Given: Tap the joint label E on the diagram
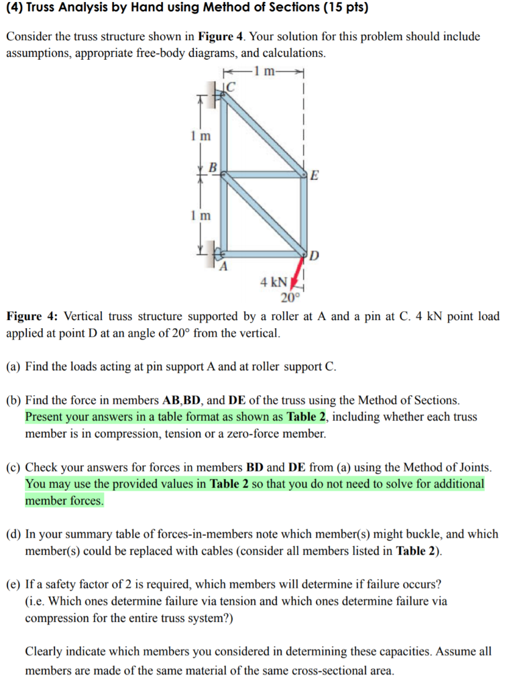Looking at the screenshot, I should coord(314,176).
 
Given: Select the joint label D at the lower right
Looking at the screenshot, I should coord(314,256).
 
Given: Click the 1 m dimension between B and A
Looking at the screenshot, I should coord(199,215).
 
